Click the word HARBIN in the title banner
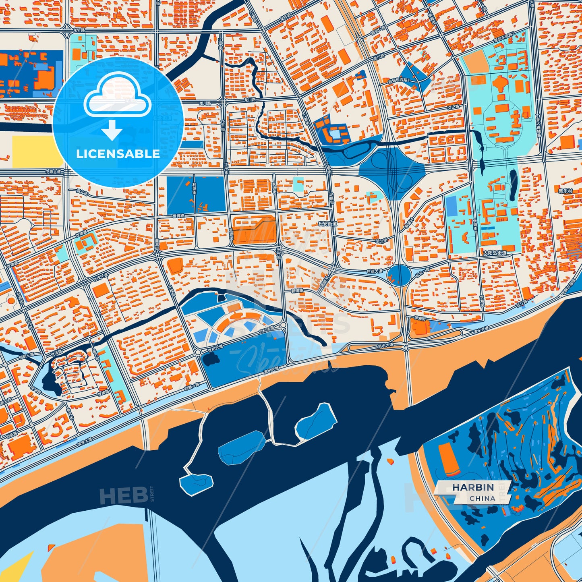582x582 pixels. coord(473,487)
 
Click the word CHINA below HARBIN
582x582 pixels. coord(482,498)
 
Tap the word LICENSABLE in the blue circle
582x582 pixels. coord(118,154)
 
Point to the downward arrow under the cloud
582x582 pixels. coord(112,130)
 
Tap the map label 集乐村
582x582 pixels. coord(565,191)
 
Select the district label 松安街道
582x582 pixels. coord(327,224)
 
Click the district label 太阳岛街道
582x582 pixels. coord(495,253)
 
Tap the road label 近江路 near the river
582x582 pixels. coord(525,302)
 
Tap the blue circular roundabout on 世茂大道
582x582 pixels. coord(399,275)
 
